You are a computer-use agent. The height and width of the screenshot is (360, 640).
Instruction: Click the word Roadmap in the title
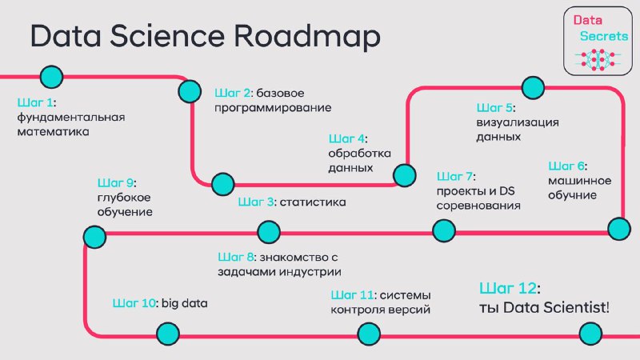click(307, 35)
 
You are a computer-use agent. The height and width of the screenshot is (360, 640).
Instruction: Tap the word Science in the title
click(167, 35)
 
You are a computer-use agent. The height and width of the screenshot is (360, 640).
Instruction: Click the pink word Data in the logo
click(587, 20)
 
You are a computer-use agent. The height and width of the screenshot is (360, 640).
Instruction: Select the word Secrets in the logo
click(604, 36)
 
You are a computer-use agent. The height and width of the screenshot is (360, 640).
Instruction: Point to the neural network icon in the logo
click(598, 59)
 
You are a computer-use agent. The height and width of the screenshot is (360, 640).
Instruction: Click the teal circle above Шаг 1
click(51, 77)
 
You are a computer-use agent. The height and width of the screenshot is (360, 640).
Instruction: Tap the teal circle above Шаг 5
click(533, 87)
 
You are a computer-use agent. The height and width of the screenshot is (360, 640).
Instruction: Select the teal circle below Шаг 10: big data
click(168, 334)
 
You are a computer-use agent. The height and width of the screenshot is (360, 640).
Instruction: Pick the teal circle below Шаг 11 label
click(369, 334)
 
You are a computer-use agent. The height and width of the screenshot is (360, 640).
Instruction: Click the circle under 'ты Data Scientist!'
click(590, 334)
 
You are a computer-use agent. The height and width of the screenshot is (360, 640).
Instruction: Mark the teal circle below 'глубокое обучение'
click(94, 237)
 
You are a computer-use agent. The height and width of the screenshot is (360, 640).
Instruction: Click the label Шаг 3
click(256, 202)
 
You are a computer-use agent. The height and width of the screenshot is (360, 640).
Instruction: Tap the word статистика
click(313, 202)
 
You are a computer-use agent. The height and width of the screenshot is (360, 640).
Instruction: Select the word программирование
click(273, 108)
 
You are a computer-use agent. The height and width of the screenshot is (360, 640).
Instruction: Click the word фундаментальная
click(71, 118)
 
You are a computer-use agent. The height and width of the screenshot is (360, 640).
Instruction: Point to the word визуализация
click(518, 122)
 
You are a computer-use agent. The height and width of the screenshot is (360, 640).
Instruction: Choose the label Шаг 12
click(510, 288)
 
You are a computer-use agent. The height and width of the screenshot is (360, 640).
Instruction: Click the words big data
click(185, 303)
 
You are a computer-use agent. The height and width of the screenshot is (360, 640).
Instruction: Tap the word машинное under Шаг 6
click(579, 181)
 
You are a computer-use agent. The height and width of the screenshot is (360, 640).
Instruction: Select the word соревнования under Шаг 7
click(478, 206)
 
